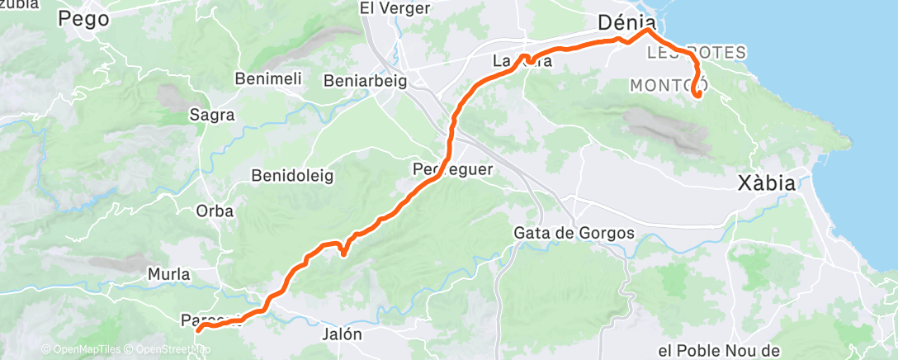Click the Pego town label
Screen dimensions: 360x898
(84, 20)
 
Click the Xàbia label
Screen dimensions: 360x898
(768, 184)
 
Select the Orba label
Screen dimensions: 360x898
(215, 211)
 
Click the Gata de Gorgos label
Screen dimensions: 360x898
(574, 233)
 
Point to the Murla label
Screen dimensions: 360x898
(168, 273)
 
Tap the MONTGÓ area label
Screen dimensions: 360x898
(664, 85)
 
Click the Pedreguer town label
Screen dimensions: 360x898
(452, 169)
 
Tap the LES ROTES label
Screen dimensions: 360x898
(697, 53)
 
